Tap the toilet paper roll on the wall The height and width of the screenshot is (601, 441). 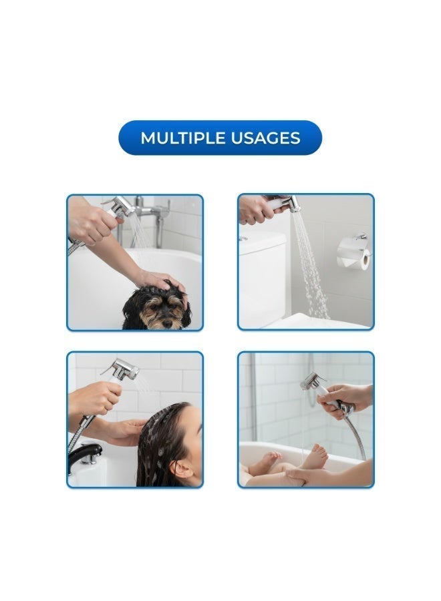click(355, 253)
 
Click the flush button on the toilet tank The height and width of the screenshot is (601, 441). click(243, 238)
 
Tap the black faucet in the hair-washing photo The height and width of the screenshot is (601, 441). click(84, 456)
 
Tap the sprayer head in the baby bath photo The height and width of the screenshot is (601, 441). click(311, 382)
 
